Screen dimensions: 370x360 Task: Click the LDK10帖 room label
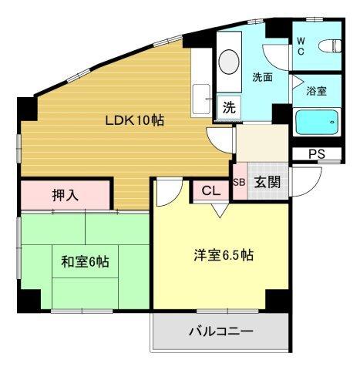tap(134, 121)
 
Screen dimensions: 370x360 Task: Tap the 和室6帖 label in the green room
tap(85, 262)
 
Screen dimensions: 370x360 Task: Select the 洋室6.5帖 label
tap(222, 256)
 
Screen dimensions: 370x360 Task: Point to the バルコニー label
tap(221, 333)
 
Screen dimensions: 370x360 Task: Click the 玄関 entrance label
tap(267, 183)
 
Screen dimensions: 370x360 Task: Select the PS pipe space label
tap(316, 154)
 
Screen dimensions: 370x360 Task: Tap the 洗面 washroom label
tap(262, 77)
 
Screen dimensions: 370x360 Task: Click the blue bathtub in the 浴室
tap(317, 121)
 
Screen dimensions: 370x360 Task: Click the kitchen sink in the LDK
tap(203, 98)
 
